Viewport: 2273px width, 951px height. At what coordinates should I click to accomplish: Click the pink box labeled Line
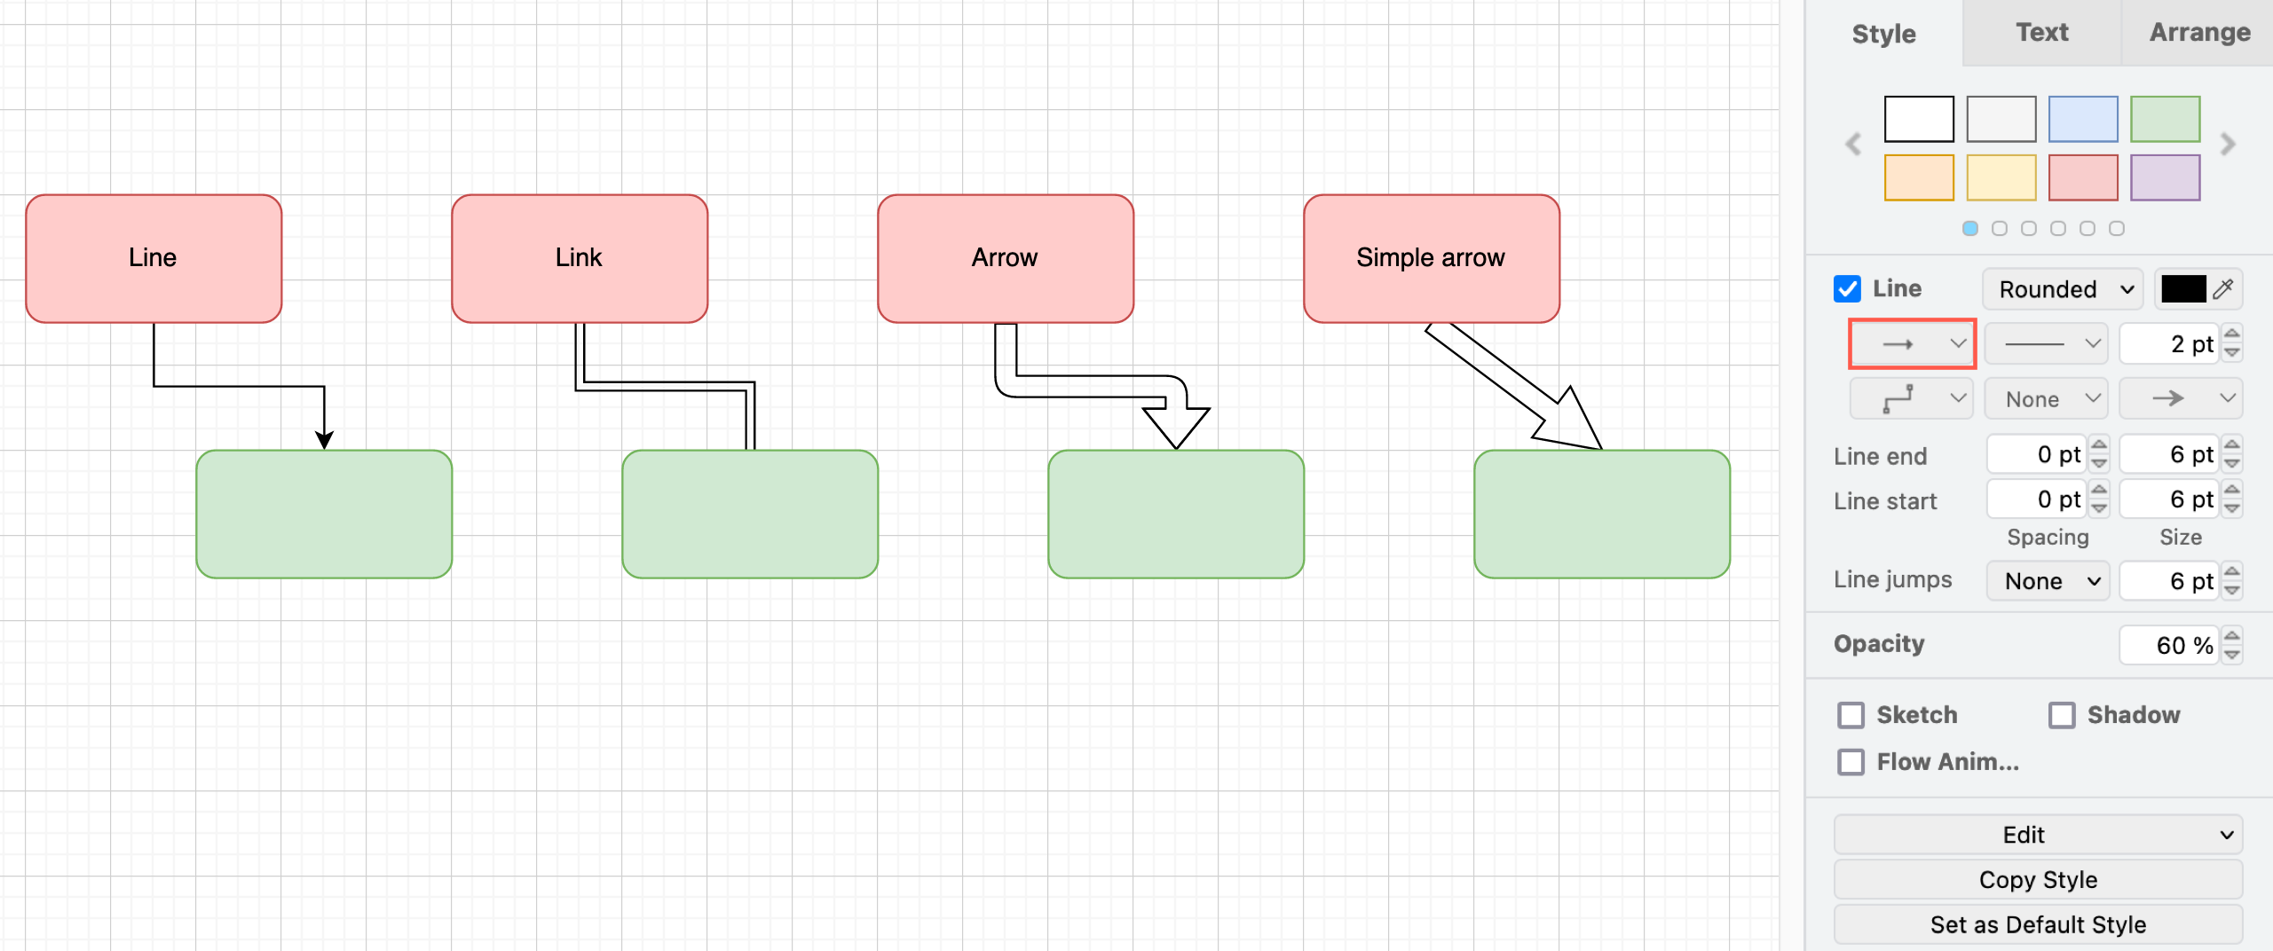154,258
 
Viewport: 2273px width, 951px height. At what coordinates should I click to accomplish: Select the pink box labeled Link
580,258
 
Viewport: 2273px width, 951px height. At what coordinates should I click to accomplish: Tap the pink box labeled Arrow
1006,258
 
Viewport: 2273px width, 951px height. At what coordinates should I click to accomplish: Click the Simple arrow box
1431,258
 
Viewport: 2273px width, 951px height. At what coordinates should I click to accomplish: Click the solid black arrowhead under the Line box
325,439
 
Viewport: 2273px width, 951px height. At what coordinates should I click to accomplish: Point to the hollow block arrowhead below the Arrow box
1176,426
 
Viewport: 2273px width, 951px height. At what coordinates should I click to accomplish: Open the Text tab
2041,33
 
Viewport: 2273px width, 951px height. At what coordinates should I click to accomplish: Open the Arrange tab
2199,33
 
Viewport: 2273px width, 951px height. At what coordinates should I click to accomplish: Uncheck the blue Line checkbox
1848,288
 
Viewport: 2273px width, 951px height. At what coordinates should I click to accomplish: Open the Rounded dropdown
2063,289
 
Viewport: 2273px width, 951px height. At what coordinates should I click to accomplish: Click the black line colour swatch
2183,289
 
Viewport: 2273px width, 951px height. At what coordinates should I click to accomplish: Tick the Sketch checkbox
1851,715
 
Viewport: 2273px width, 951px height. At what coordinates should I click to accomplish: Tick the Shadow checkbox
2062,715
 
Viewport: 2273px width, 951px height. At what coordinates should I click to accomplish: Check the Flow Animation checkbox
1851,762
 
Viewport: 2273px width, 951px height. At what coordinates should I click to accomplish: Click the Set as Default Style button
2038,924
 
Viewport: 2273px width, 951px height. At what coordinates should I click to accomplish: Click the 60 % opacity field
2169,645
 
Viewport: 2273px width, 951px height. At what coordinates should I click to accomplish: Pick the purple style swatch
2165,177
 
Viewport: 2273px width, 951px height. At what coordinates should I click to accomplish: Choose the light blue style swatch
2083,119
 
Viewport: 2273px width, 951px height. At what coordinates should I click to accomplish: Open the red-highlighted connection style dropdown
1912,343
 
